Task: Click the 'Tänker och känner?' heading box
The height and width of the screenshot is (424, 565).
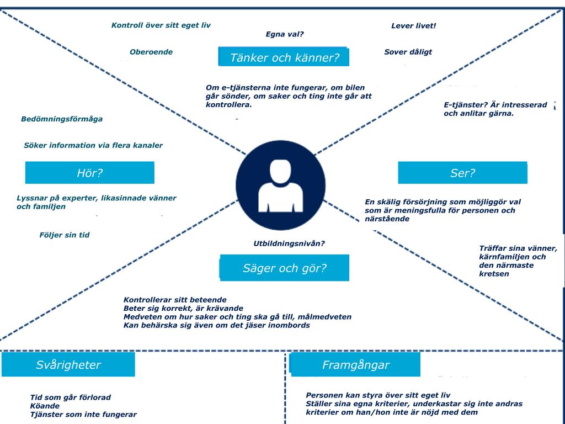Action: click(284, 57)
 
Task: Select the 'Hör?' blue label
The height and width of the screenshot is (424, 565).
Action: click(90, 173)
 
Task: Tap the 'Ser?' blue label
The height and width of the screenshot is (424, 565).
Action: click(462, 173)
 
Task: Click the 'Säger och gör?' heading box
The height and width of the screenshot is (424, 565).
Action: click(285, 268)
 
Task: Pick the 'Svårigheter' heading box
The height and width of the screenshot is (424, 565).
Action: click(68, 365)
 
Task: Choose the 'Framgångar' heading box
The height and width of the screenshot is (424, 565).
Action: click(355, 365)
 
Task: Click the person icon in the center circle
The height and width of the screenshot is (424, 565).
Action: click(281, 185)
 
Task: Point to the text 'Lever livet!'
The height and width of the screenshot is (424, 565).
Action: click(413, 25)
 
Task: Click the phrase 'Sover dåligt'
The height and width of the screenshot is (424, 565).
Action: click(408, 52)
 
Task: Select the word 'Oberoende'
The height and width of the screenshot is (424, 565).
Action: click(151, 52)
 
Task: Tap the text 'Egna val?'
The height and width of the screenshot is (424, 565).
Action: click(285, 34)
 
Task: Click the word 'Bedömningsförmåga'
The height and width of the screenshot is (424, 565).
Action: click(62, 119)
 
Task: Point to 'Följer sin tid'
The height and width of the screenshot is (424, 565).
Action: click(64, 235)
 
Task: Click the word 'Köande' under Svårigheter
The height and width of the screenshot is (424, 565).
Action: click(45, 406)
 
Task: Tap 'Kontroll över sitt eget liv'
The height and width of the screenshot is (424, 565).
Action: click(161, 25)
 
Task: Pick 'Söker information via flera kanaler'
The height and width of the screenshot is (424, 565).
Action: click(93, 145)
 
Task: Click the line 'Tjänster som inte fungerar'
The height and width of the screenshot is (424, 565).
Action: click(83, 414)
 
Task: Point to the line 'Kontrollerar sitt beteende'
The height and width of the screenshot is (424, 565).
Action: click(175, 300)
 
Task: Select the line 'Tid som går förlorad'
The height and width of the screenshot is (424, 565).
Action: click(71, 397)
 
